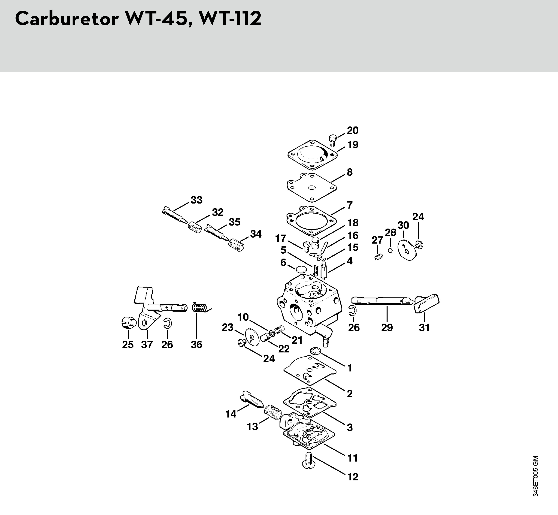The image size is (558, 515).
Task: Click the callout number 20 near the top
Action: click(x=353, y=130)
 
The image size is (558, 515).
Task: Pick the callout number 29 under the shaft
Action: click(x=387, y=328)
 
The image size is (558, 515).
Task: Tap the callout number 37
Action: click(x=147, y=345)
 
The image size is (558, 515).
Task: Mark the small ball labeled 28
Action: click(x=390, y=250)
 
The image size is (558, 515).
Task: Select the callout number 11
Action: click(x=353, y=458)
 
